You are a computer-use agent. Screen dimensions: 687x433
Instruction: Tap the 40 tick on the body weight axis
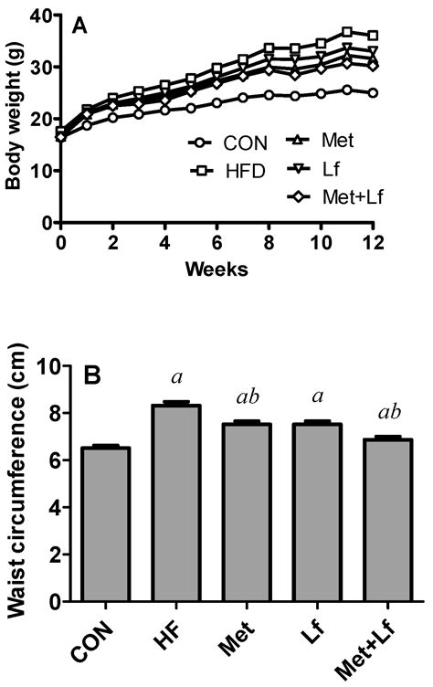(41, 16)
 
